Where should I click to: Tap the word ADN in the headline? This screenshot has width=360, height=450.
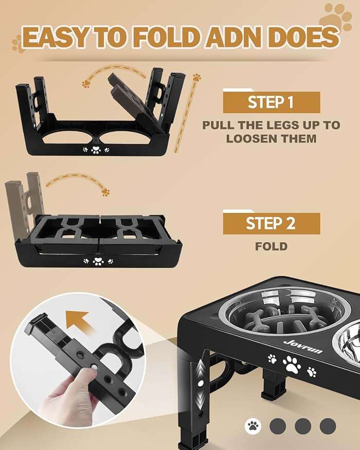click(x=248, y=38)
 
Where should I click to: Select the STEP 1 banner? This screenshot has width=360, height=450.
click(x=271, y=102)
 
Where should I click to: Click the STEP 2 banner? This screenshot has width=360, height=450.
click(x=271, y=224)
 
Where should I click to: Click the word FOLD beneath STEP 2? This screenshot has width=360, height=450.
click(x=271, y=246)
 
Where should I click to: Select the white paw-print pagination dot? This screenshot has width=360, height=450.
click(x=253, y=425)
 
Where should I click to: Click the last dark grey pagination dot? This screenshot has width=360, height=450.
click(x=328, y=425)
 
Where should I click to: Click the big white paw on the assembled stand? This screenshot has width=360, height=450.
click(x=292, y=364)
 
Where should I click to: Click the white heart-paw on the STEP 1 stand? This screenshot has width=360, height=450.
click(x=95, y=150)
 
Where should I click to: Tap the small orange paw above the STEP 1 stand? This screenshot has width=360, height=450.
click(x=86, y=83)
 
